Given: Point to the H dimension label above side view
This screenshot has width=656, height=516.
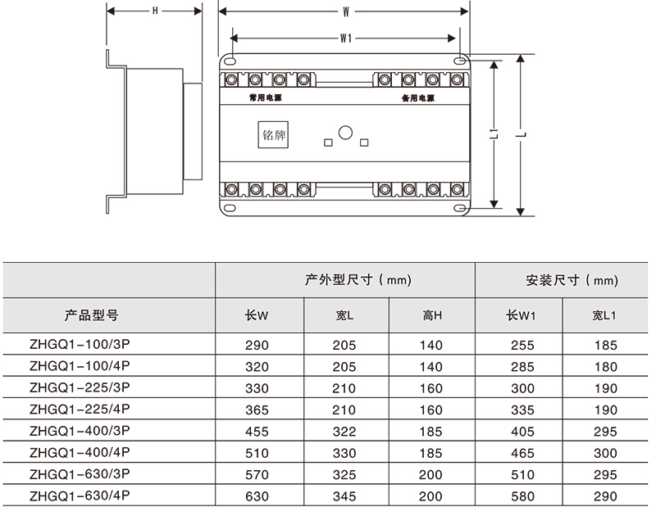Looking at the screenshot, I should pyautogui.click(x=155, y=11).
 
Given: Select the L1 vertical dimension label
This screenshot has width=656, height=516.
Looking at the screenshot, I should pyautogui.click(x=491, y=135).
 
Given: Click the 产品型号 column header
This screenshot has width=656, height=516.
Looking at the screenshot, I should pyautogui.click(x=92, y=315).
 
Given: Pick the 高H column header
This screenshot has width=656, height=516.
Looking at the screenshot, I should pyautogui.click(x=432, y=315).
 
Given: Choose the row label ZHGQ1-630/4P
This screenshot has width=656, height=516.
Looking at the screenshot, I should pyautogui.click(x=80, y=496).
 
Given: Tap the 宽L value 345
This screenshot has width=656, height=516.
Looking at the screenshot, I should pyautogui.click(x=344, y=496).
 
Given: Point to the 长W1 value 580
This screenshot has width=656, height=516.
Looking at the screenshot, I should pyautogui.click(x=521, y=496).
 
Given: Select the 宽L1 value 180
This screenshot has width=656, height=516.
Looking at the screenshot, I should pyautogui.click(x=604, y=367).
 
